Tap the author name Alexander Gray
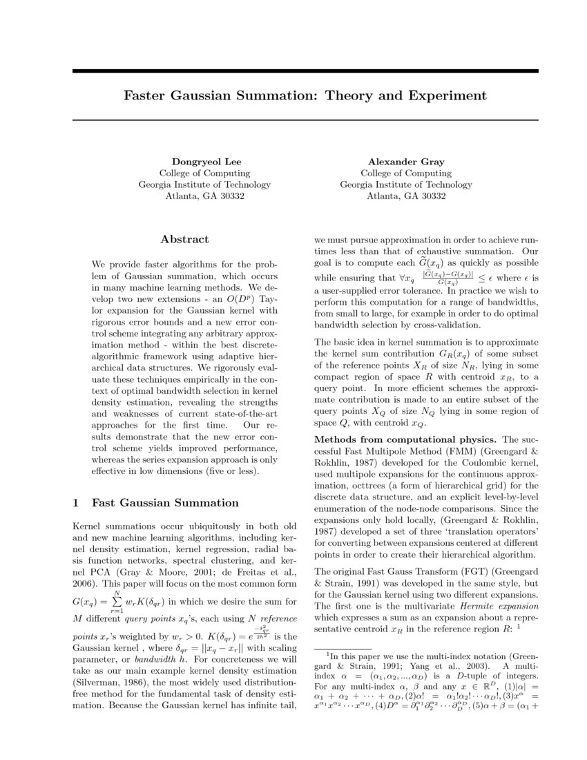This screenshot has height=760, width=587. (x=405, y=162)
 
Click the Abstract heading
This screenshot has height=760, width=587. (x=184, y=239)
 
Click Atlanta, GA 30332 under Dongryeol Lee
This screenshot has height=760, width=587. (x=204, y=196)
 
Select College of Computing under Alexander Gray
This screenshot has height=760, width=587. (x=405, y=173)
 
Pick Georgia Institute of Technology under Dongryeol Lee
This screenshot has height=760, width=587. (x=204, y=184)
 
